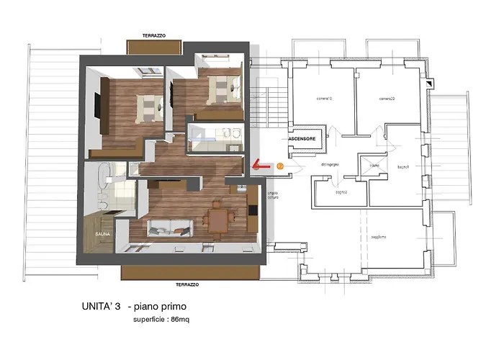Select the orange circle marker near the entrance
[280, 166]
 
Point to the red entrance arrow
[261, 166]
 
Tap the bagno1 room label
[402, 167]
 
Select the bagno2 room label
[341, 192]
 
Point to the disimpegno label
[330, 165]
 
